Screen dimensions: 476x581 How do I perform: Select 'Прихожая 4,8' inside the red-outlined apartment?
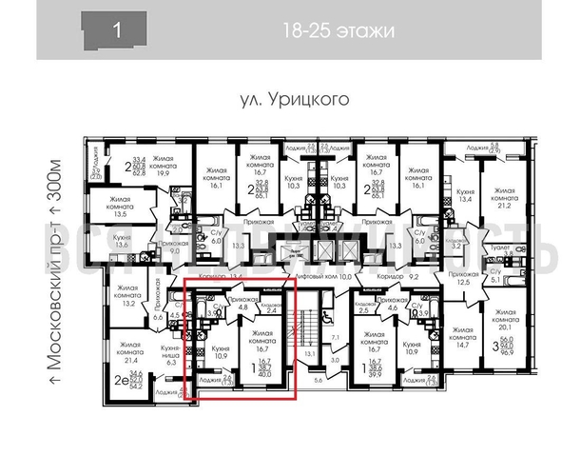[x=242, y=303]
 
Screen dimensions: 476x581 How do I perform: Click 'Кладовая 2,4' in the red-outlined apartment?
[x=271, y=307]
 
